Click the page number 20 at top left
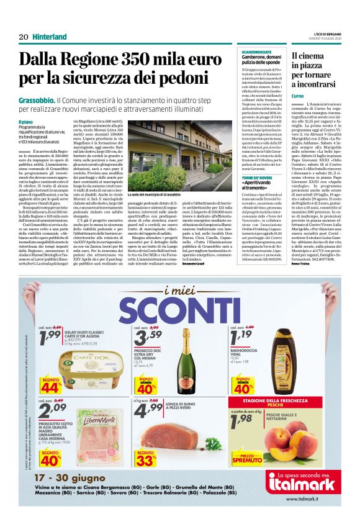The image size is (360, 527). click(x=24, y=37)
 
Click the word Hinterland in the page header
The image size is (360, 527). click(x=50, y=37)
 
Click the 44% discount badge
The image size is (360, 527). click(x=50, y=384)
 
